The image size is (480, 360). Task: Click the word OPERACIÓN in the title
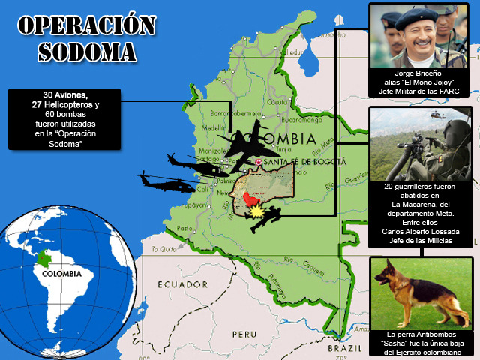tap(85, 25)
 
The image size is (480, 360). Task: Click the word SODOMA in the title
tap(87, 51)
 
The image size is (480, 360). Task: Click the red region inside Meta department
tap(249, 200)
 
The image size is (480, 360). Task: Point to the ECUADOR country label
tap(183, 284)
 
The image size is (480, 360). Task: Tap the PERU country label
tap(244, 333)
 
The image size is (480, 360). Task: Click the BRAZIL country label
tap(347, 349)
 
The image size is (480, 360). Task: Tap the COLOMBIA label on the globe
tap(64, 273)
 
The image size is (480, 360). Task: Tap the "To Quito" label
tap(166, 248)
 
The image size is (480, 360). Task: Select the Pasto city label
tap(184, 228)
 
